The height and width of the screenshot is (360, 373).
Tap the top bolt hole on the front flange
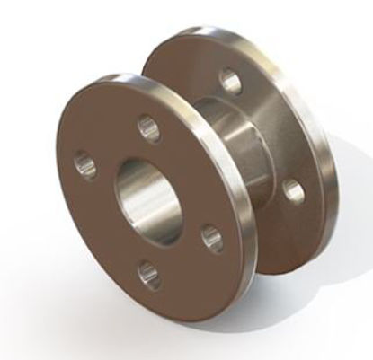(145, 126)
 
